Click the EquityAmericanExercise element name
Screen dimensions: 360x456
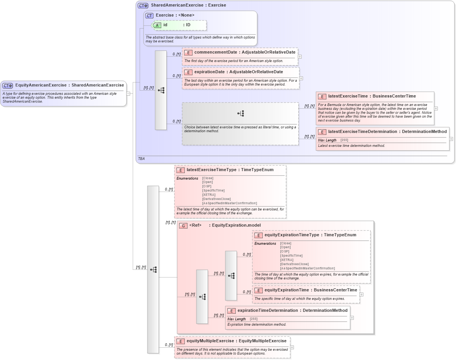pos(40,85)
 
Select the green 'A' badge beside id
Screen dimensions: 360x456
pos(157,25)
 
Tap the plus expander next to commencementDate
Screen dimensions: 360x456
pos(300,56)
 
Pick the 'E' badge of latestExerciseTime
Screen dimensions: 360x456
pos(322,96)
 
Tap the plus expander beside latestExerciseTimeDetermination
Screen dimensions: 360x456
pos(451,139)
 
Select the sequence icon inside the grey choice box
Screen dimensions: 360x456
pos(241,113)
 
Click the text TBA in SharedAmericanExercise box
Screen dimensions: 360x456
pos(141,158)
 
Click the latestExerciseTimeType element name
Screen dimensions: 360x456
pos(211,170)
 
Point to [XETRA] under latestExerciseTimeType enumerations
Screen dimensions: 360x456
pos(209,195)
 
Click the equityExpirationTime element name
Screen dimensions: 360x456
pos(286,290)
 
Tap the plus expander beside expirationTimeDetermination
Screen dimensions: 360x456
pos(352,318)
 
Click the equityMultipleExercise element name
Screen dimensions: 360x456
pos(210,341)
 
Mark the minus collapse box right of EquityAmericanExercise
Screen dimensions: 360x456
pos(128,93)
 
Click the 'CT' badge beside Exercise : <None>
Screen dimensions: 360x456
pos(149,15)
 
